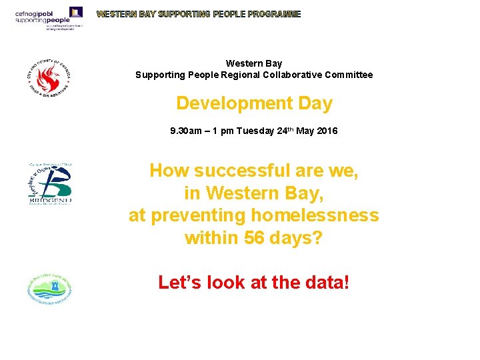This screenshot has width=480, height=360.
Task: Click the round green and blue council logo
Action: pos(49,289)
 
